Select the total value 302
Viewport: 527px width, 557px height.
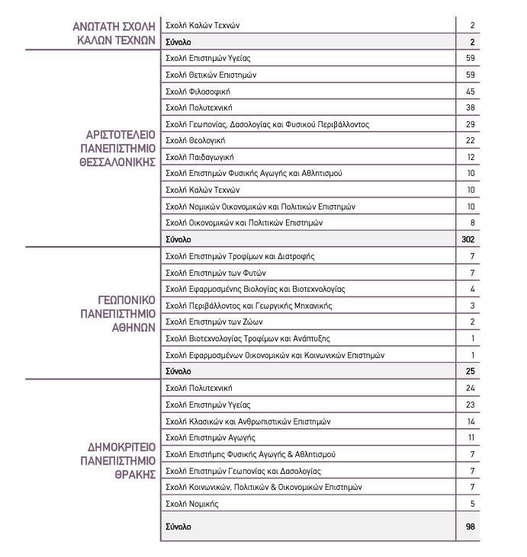[x=468, y=239]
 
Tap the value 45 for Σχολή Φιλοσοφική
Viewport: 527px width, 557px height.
[x=470, y=91]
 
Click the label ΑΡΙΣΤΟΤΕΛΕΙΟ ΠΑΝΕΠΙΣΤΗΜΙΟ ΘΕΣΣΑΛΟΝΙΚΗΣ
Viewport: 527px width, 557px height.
[x=121, y=149]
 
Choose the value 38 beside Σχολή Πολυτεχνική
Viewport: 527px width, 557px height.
[x=470, y=107]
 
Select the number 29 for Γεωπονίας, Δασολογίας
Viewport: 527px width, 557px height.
[x=470, y=124]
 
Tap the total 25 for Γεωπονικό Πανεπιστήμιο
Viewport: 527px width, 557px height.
[x=471, y=372]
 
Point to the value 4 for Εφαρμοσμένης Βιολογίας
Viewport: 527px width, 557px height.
[x=472, y=290]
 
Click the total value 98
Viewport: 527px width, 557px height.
[x=470, y=527]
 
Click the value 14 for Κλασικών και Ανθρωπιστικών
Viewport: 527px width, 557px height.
[x=471, y=421]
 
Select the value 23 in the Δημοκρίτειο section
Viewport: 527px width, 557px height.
[x=470, y=405]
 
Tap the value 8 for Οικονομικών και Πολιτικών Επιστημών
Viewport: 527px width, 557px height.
[x=472, y=222]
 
